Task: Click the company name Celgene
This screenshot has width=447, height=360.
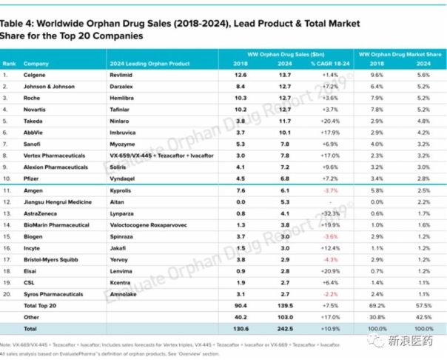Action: click(x=33, y=75)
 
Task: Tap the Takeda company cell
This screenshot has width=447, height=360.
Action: click(x=33, y=120)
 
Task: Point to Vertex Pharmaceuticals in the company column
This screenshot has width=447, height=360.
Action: click(x=54, y=156)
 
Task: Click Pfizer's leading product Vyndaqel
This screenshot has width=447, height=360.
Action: click(x=123, y=179)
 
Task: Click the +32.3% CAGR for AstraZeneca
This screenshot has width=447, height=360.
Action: click(x=330, y=213)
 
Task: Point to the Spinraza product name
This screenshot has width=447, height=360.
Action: click(x=122, y=236)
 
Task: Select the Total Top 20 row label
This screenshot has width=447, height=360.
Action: click(x=41, y=304)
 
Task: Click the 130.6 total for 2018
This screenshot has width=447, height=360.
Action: click(x=241, y=327)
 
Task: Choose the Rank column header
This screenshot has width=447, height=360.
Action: click(x=10, y=64)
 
